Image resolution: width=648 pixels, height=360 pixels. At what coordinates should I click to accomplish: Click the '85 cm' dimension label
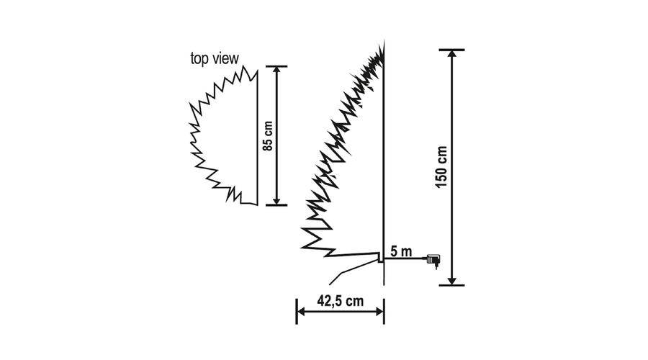pyautogui.click(x=269, y=136)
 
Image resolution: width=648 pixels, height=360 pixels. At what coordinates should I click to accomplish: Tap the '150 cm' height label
pyautogui.click(x=441, y=166)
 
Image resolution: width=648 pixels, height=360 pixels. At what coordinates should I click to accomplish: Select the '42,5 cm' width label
pyautogui.click(x=340, y=300)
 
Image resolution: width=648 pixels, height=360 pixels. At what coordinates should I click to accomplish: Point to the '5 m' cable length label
pyautogui.click(x=401, y=251)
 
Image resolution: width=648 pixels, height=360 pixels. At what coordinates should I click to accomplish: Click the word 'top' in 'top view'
pyautogui.click(x=199, y=59)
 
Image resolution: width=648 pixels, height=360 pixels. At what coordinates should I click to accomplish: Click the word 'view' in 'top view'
pyautogui.click(x=225, y=58)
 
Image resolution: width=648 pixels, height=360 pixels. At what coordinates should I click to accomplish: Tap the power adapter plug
pyautogui.click(x=433, y=261)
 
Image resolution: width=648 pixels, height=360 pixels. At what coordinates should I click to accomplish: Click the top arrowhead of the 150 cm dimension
pyautogui.click(x=452, y=55)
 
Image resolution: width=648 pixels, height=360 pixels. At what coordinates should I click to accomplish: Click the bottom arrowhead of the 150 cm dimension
pyautogui.click(x=452, y=280)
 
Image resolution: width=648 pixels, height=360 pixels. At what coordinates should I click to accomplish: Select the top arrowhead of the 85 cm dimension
pyautogui.click(x=277, y=71)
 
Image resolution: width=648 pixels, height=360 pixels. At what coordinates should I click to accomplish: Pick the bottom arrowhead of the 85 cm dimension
pyautogui.click(x=277, y=199)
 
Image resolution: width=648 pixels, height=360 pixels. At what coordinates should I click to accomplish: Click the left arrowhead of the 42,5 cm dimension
pyautogui.click(x=302, y=311)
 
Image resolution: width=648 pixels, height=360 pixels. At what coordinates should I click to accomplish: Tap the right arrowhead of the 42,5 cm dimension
pyautogui.click(x=379, y=311)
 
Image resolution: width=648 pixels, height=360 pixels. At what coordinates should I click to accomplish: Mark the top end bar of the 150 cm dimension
pyautogui.click(x=452, y=50)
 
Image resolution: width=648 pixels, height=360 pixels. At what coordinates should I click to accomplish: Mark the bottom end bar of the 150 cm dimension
pyautogui.click(x=452, y=285)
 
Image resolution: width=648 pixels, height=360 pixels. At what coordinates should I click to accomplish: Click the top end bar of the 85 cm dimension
pyautogui.click(x=277, y=66)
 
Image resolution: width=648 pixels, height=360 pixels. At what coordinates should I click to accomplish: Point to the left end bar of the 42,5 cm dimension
pyautogui.click(x=297, y=311)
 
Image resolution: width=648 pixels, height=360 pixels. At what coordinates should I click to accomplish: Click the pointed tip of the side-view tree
pyautogui.click(x=384, y=41)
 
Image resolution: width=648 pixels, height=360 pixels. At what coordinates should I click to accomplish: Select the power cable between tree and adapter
pyautogui.click(x=405, y=258)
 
